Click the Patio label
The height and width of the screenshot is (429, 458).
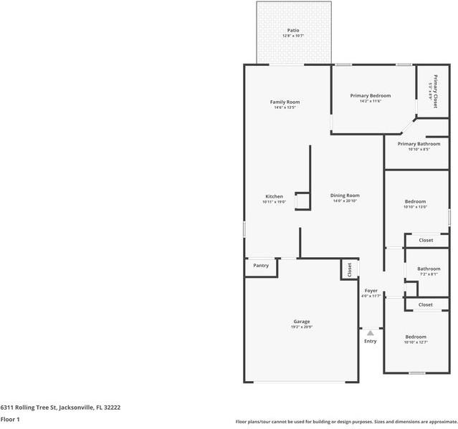point(294,30)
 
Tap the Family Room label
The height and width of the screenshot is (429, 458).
point(285,102)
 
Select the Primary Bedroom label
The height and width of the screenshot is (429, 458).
point(371,95)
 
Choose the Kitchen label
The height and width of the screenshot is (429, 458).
point(274,196)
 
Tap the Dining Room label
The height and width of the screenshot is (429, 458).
point(345,196)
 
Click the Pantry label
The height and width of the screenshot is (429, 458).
point(261,266)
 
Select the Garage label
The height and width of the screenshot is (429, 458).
point(301,322)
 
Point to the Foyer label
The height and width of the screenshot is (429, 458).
point(371,291)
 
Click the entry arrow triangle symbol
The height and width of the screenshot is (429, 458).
point(370,332)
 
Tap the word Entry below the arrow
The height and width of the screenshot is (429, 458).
point(370,341)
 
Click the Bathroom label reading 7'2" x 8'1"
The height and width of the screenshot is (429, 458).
point(429,269)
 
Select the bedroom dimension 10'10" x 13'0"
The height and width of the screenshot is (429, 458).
point(415,207)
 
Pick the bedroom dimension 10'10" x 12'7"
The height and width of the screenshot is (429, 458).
point(416,342)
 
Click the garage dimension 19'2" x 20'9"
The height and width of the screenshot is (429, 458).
point(301,327)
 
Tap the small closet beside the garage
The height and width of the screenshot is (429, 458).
point(349,269)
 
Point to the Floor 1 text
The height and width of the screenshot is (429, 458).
point(10,419)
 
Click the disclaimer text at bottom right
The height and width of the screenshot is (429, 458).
point(346,422)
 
